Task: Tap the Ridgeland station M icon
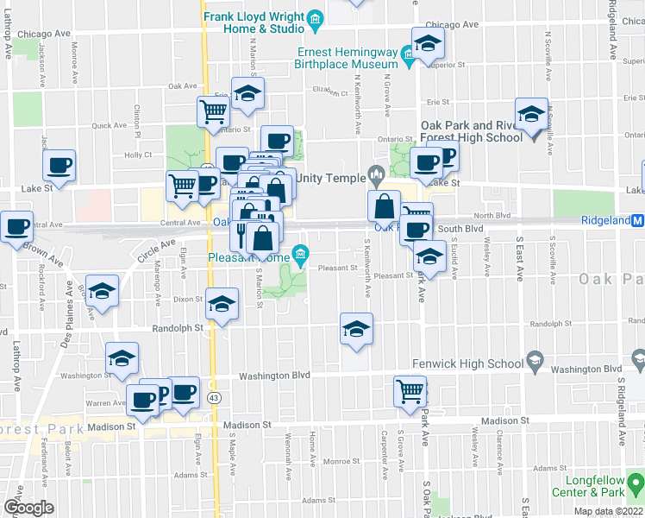tap(638, 220)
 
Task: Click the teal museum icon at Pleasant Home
tap(300, 254)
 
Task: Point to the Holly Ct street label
tap(138, 155)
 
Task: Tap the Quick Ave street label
tap(110, 125)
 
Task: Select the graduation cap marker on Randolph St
tap(356, 328)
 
